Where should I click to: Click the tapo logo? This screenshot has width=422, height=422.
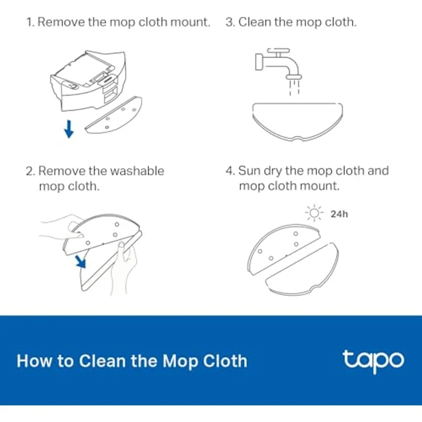373,361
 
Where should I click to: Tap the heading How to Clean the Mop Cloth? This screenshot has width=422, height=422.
132,361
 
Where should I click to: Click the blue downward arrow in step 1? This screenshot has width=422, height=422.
69,129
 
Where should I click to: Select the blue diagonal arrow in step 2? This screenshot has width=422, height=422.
80,262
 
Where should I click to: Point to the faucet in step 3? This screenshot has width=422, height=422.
278,63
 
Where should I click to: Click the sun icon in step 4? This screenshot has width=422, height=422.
314,213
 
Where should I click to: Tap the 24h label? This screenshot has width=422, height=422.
339,214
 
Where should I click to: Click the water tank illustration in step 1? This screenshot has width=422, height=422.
88,80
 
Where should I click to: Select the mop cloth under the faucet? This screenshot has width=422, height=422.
298,122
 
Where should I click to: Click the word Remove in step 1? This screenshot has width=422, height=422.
61,22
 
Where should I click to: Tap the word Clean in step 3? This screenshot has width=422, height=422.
255,22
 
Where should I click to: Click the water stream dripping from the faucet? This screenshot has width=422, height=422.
295,88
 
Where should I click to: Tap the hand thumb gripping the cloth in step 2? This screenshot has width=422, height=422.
122,248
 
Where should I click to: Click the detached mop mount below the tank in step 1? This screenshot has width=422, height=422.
114,115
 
